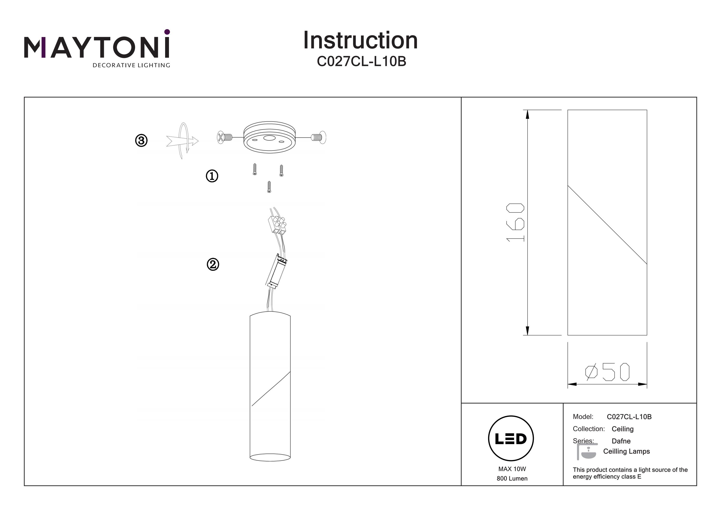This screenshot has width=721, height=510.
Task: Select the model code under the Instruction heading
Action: click(x=361, y=61)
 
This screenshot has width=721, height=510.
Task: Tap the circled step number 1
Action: click(x=212, y=176)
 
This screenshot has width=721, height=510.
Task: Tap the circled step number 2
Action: click(x=213, y=264)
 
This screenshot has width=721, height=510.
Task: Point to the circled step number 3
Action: click(x=141, y=140)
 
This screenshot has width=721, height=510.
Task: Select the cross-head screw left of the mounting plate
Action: click(x=224, y=137)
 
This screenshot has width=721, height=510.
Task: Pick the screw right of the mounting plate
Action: click(x=318, y=137)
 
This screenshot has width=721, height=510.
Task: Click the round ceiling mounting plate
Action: click(x=269, y=137)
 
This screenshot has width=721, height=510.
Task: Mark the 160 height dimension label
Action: click(x=515, y=222)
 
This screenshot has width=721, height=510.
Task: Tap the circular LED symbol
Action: click(x=511, y=439)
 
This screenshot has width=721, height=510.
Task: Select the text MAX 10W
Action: click(x=512, y=469)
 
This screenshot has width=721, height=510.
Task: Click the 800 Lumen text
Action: click(x=512, y=479)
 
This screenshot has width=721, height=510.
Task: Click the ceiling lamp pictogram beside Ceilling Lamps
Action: click(x=587, y=451)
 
